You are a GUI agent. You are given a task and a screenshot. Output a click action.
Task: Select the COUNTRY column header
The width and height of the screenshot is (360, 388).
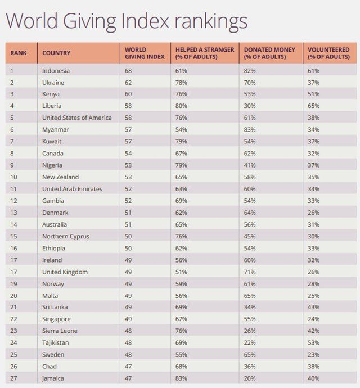[56, 53]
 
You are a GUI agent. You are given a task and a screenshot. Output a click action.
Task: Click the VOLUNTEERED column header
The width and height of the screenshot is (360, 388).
[329, 53]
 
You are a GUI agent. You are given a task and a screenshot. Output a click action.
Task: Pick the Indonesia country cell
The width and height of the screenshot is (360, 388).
[56, 71]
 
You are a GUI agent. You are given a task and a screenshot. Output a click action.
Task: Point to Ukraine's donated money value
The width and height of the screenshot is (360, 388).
[250, 83]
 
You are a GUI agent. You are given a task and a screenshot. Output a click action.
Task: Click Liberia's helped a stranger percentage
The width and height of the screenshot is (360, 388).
[182, 106]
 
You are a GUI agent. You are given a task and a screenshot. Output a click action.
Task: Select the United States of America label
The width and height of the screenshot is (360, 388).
[76, 118]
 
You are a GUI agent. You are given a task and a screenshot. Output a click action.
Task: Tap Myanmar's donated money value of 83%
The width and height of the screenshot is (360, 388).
[250, 130]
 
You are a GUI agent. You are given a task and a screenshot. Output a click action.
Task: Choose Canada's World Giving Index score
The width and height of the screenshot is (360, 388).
[129, 154]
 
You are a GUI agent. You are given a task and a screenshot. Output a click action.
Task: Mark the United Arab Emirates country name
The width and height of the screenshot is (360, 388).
[72, 189]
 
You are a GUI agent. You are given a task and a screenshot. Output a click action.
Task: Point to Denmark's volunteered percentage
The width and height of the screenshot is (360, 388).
[313, 213]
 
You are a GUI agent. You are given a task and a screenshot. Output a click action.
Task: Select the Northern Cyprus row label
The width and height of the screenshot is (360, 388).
[65, 236]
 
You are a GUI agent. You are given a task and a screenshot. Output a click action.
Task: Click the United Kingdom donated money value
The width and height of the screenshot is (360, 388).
[250, 272]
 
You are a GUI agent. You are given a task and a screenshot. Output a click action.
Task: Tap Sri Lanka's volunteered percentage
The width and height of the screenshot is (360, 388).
[313, 308]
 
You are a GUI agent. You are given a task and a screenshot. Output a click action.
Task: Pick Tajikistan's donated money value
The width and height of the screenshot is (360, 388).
[250, 343]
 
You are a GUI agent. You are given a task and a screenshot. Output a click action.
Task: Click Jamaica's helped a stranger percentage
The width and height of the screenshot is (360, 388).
[182, 378]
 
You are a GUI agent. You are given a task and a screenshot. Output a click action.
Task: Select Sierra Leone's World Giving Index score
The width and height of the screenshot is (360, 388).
[129, 331]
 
